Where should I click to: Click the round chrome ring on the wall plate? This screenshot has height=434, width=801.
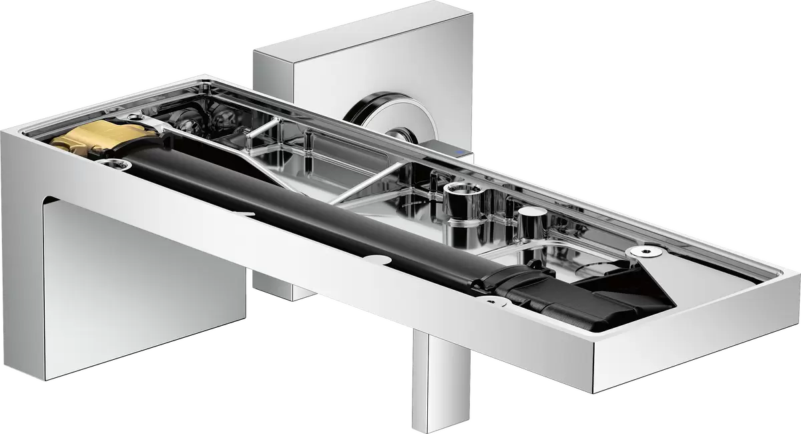pos(374,107)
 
